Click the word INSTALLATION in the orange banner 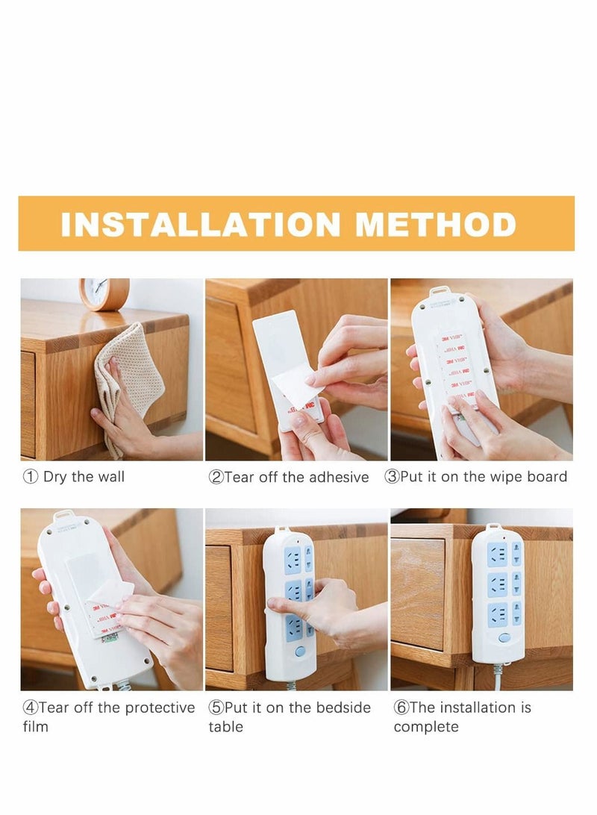[200, 225]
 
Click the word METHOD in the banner [436, 225]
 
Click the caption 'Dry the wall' [84, 477]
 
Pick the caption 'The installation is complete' [463, 716]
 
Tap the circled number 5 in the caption [216, 708]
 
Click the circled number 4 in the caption [30, 708]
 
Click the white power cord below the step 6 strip [498, 675]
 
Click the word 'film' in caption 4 [35, 726]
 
